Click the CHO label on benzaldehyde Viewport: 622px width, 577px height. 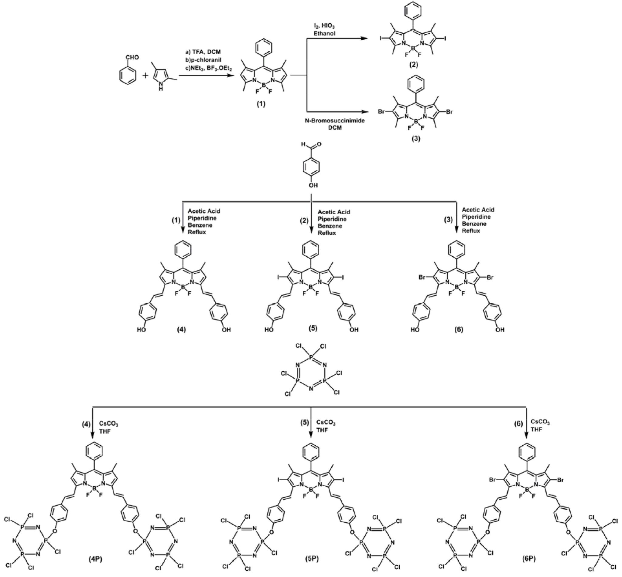132,57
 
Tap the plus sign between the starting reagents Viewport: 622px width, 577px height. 146,76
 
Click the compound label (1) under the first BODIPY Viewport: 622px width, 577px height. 261,104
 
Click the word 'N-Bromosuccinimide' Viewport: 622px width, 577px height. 335,120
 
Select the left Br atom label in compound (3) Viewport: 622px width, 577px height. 381,111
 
